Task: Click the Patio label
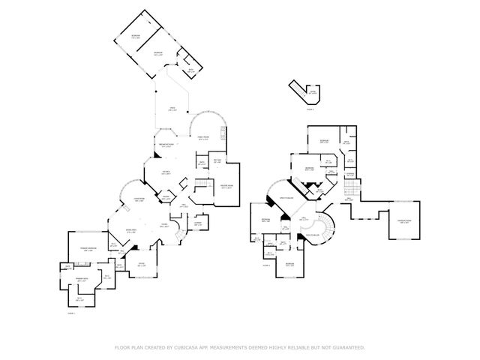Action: click(x=172, y=109)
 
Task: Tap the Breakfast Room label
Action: click(x=166, y=145)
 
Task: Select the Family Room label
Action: click(x=202, y=138)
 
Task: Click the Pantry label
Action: click(x=166, y=197)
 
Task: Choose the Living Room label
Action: click(x=139, y=200)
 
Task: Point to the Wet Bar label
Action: click(x=216, y=160)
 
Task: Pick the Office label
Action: click(x=141, y=265)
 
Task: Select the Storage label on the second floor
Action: click(x=349, y=175)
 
